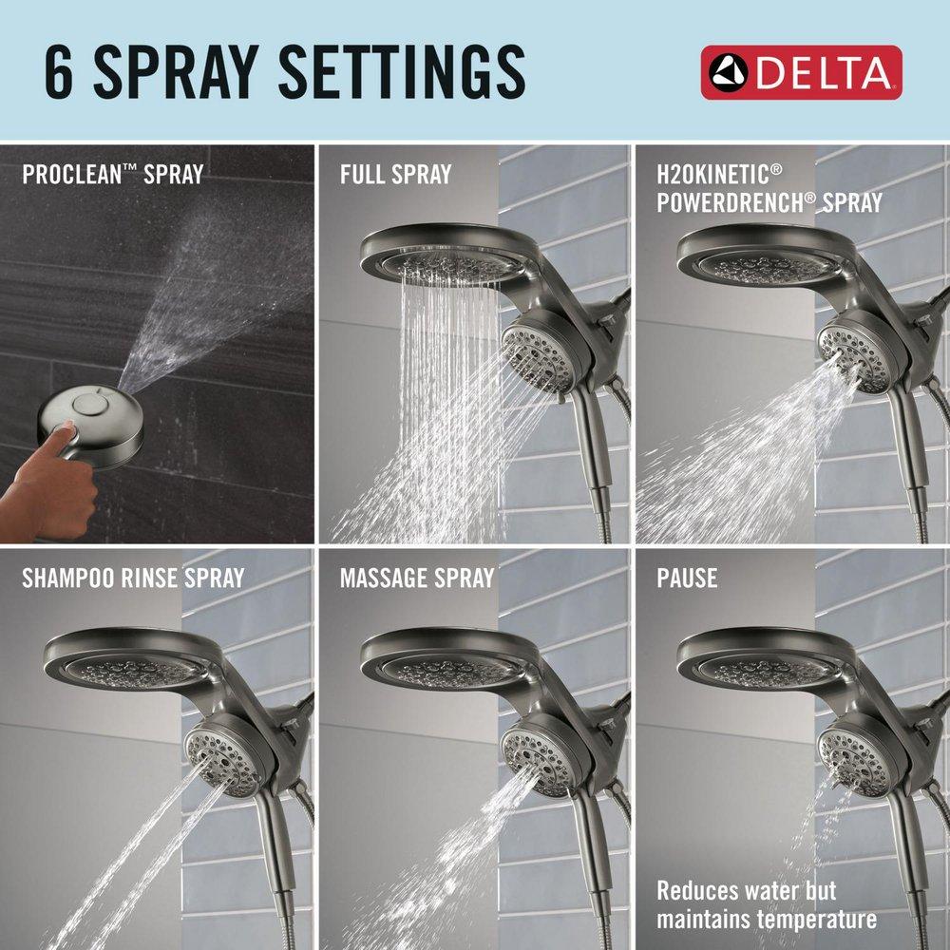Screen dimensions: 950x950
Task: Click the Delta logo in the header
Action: (801, 72)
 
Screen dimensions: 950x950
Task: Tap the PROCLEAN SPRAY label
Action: (111, 175)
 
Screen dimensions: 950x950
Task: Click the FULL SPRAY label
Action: (395, 175)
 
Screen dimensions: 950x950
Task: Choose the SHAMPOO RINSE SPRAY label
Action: (133, 578)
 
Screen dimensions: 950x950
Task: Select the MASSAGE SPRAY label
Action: (417, 578)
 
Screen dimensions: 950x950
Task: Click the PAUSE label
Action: (687, 578)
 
